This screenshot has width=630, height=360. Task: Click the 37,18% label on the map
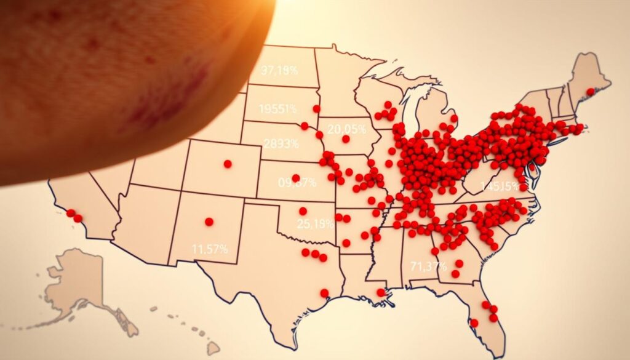coord(279,70)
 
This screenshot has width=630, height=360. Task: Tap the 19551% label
coord(277,109)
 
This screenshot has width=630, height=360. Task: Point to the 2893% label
coord(281,143)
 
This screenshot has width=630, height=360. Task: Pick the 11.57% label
coord(209,249)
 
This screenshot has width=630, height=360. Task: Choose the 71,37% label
coord(428,266)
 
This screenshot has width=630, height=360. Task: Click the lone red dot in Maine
coord(591,91)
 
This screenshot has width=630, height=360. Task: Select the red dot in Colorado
coord(228,164)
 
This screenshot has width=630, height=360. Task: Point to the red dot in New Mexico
coord(209,222)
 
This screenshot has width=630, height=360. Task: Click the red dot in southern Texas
coord(324,293)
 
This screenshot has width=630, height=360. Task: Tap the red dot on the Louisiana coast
coord(381,292)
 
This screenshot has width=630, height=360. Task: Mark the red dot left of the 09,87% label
coord(295,178)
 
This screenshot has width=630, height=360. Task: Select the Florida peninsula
coord(489,320)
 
